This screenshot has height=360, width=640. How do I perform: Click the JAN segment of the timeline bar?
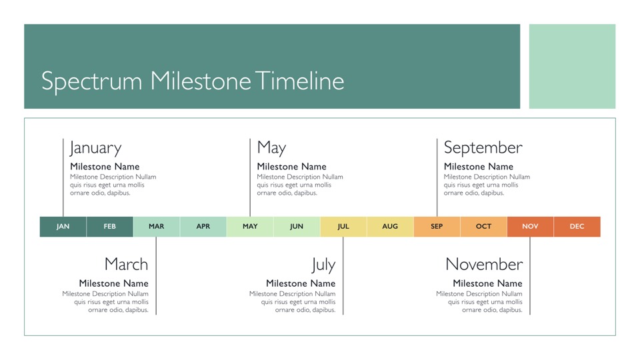[x=63, y=227]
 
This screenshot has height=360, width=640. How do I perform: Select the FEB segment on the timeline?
[x=110, y=227]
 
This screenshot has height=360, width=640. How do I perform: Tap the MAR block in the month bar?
[x=156, y=227]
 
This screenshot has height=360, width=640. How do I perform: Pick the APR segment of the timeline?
[x=203, y=227]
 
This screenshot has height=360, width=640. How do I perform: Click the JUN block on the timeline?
[x=297, y=227]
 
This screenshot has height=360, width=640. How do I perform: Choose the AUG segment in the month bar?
[x=390, y=227]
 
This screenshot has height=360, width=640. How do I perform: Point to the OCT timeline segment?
[x=484, y=227]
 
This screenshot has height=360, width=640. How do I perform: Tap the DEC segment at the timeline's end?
[x=577, y=227]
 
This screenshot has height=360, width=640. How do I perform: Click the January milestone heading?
[x=95, y=148]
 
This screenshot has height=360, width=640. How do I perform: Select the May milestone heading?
[x=271, y=148]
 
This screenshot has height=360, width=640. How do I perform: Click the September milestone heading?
[x=483, y=148]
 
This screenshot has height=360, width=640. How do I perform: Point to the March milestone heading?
[x=126, y=264]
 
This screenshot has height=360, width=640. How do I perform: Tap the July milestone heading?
[x=324, y=265]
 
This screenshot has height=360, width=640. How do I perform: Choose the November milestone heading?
[x=484, y=264]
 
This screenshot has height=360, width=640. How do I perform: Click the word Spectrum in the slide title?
[x=92, y=81]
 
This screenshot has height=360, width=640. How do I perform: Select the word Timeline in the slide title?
[x=300, y=81]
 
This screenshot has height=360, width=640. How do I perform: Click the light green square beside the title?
[x=572, y=66]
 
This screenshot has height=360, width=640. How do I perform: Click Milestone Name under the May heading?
[x=291, y=167]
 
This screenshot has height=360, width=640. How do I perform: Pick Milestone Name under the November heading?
[x=487, y=283]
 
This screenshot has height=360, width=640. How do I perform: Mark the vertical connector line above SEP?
[x=437, y=177]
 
